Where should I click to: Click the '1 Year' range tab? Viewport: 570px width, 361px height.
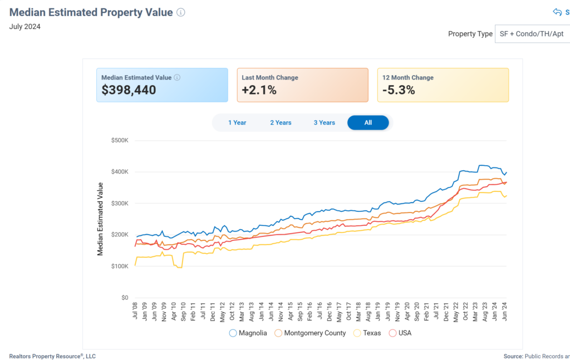click(237, 122)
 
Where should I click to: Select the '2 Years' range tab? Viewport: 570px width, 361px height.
click(281, 122)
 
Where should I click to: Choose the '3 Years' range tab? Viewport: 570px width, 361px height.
click(324, 122)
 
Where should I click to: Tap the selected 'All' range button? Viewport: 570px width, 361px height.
click(368, 122)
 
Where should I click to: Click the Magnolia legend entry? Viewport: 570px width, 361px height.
click(248, 333)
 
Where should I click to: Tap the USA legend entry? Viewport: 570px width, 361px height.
click(400, 333)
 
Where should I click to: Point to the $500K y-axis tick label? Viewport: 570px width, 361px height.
click(120, 140)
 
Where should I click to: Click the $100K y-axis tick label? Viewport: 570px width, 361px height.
click(120, 266)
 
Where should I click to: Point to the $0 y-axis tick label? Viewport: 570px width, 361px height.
click(125, 298)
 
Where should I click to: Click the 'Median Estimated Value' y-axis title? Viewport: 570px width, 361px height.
click(101, 219)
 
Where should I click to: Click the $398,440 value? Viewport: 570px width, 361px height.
click(129, 90)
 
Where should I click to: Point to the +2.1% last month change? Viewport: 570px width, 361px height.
click(259, 90)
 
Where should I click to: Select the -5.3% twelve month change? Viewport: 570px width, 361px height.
click(399, 90)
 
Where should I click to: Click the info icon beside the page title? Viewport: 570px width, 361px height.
click(181, 13)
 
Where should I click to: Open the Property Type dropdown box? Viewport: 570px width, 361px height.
click(532, 34)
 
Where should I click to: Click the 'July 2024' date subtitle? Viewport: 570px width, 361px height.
click(25, 26)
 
